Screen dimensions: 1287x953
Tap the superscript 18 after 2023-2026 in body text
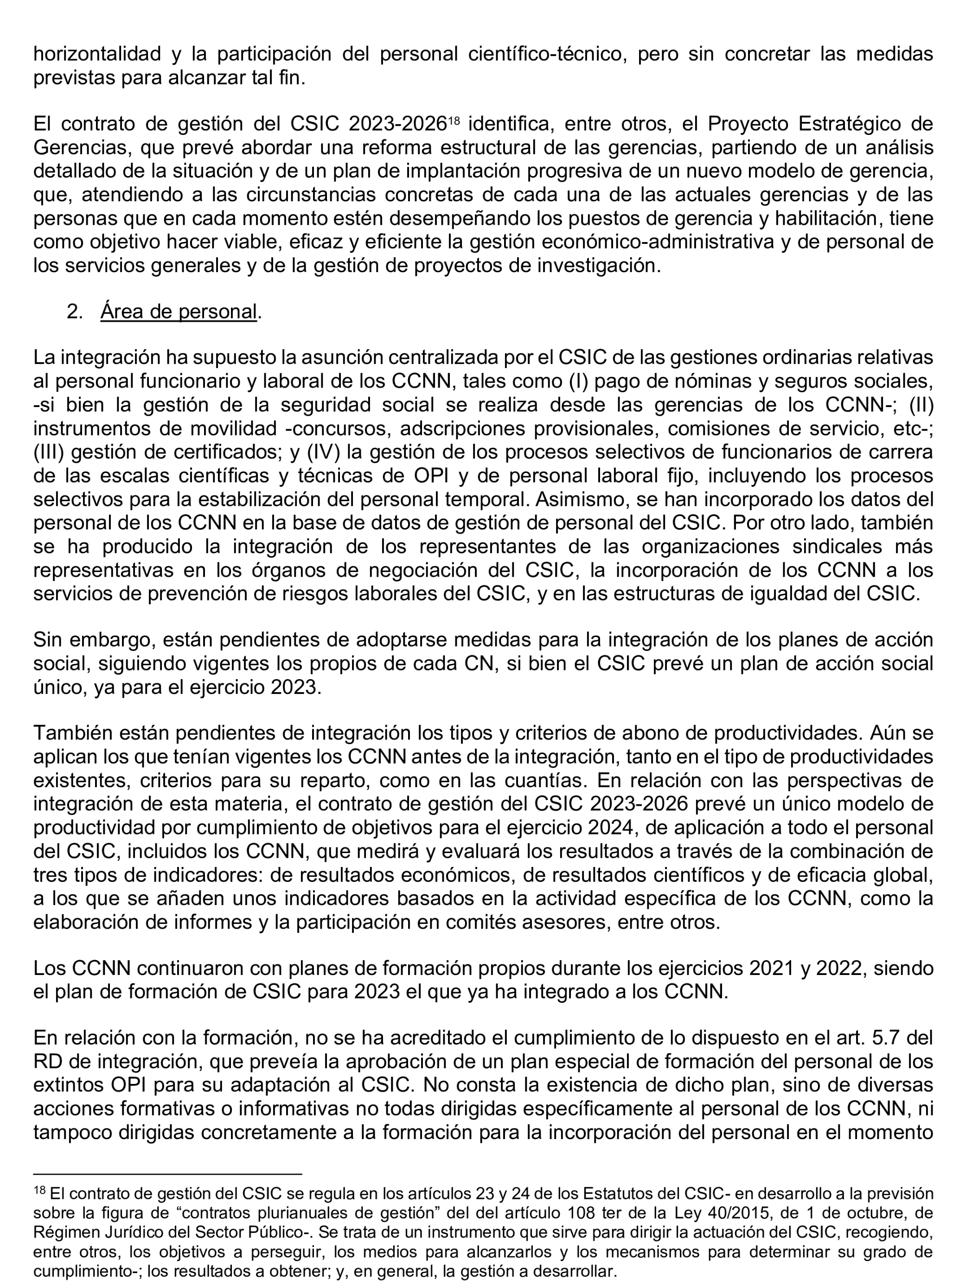point(454,120)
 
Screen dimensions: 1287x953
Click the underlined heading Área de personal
point(178,312)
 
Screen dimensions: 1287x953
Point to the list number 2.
point(74,312)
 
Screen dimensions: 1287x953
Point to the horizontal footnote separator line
point(167,1173)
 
